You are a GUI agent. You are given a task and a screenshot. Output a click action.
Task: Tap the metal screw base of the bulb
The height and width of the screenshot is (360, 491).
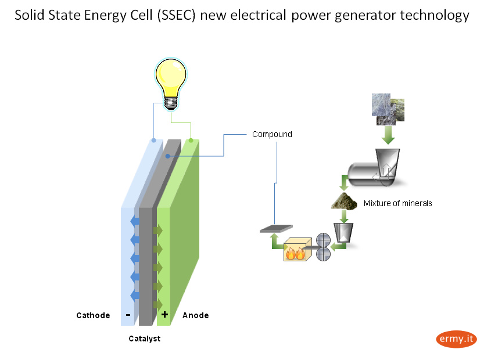click(170, 102)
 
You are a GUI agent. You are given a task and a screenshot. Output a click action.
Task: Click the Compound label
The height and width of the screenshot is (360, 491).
click(272, 134)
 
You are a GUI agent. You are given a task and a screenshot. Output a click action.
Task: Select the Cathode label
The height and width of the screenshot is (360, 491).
click(93, 315)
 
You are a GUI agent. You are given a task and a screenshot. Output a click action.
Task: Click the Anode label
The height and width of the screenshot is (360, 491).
click(195, 315)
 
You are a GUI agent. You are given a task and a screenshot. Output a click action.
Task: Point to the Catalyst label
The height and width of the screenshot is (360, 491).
click(144, 339)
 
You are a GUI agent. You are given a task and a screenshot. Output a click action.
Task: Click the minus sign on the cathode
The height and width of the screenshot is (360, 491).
click(128, 315)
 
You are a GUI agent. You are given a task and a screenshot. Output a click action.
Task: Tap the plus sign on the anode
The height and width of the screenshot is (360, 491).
click(164, 315)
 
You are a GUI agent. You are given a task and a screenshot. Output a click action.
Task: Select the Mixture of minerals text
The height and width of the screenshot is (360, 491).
click(397, 203)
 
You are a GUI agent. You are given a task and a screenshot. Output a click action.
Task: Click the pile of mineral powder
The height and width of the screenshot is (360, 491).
click(345, 201)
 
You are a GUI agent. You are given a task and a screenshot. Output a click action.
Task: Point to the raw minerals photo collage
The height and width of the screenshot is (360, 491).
click(388, 109)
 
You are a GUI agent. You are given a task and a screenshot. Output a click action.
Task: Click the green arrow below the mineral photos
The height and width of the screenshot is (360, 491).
click(388, 136)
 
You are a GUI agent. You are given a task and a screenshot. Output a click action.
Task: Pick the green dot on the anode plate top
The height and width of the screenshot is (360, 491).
click(191, 140)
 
